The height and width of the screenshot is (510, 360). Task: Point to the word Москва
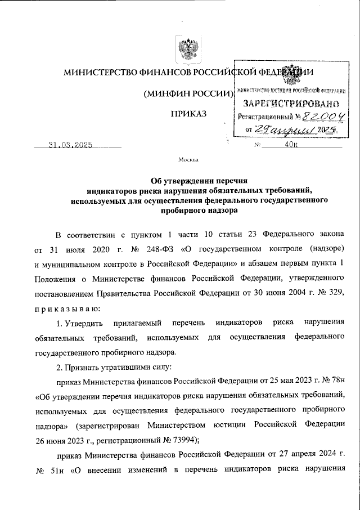[188, 160]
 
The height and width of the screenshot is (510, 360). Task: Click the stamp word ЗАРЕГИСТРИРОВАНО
[291, 104]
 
